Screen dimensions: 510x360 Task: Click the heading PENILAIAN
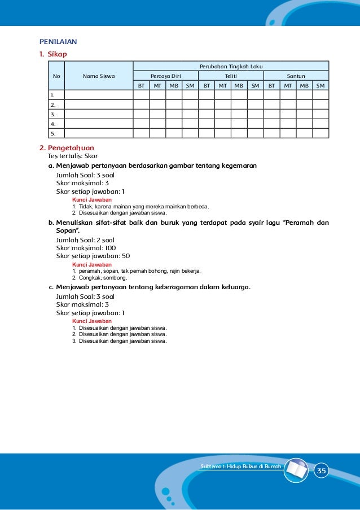[58, 42]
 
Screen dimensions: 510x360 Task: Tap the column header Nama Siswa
[99, 76]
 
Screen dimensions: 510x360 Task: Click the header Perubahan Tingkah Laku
[231, 66]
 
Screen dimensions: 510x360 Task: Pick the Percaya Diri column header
[165, 76]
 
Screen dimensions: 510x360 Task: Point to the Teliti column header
[231, 76]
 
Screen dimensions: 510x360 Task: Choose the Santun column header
[296, 76]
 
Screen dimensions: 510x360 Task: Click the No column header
[56, 76]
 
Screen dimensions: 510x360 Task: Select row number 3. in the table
[54, 114]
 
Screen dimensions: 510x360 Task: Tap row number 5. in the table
[54, 134]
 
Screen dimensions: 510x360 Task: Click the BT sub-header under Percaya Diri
[141, 86]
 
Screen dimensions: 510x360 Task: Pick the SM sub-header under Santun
[321, 86]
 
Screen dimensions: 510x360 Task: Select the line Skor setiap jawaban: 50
[93, 256]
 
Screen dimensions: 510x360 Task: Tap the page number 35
[321, 471]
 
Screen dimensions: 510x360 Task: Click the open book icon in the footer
[296, 470]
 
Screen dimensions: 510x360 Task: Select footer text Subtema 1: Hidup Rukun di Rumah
[241, 466]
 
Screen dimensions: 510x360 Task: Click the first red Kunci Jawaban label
[91, 200]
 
